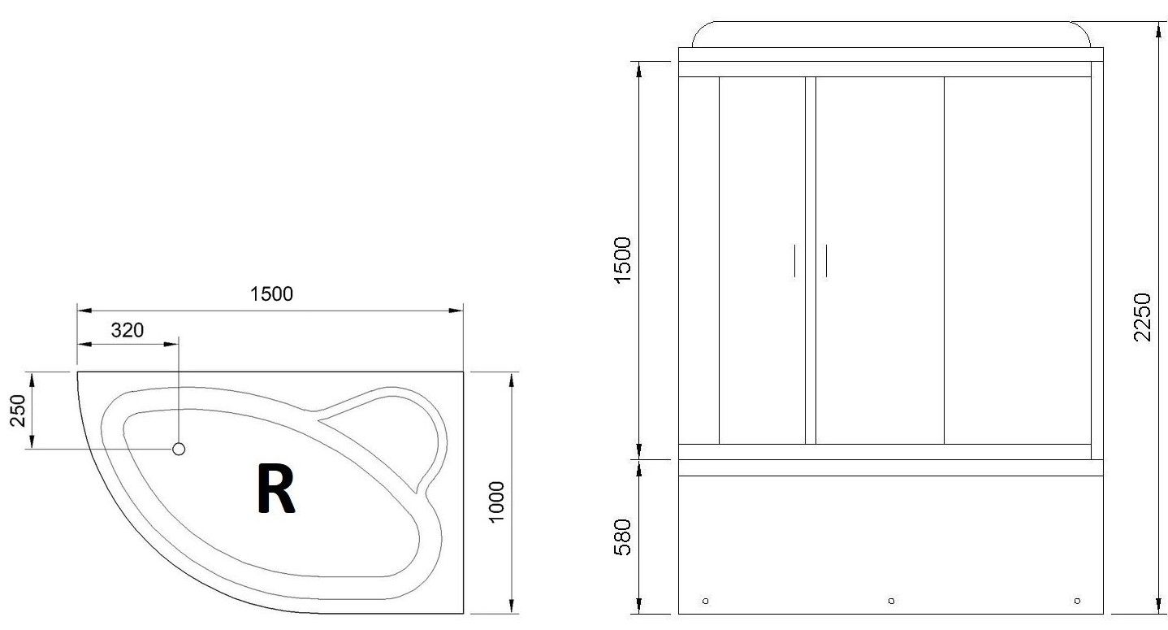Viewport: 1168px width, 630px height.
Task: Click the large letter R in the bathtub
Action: [x=276, y=489]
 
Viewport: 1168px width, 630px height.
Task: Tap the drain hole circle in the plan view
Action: [x=179, y=449]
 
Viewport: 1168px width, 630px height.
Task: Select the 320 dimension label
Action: [x=128, y=330]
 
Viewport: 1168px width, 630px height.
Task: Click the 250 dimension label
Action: [x=18, y=411]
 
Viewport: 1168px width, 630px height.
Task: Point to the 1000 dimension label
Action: [x=496, y=501]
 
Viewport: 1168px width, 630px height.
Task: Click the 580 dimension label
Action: [x=623, y=537]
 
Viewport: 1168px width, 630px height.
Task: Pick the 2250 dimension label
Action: [x=1142, y=317]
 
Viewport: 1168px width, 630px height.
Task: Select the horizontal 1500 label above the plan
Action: [x=271, y=293]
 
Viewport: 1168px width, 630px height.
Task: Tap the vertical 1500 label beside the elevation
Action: [x=623, y=260]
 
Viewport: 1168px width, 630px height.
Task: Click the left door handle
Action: [x=795, y=260]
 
